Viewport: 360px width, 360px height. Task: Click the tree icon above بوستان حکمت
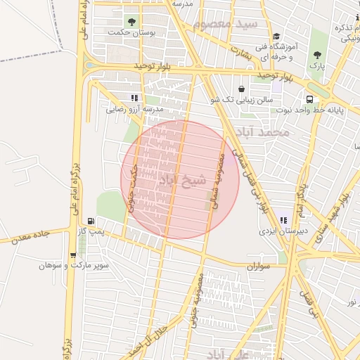[x=131, y=21]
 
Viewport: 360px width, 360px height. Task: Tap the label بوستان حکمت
[x=131, y=32]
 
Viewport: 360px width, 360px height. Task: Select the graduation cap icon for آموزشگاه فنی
[x=276, y=36]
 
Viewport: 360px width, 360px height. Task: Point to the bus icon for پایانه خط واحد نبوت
[x=309, y=99]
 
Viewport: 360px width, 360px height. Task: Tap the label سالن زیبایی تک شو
[x=241, y=101]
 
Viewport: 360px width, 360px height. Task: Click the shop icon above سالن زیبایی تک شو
[x=242, y=89]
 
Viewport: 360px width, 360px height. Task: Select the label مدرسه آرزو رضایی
[x=134, y=110]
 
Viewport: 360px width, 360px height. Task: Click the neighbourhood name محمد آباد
[x=263, y=131]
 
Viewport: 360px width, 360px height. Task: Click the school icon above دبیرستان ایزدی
[x=283, y=220]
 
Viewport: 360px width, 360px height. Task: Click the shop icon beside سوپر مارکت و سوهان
[x=73, y=255]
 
